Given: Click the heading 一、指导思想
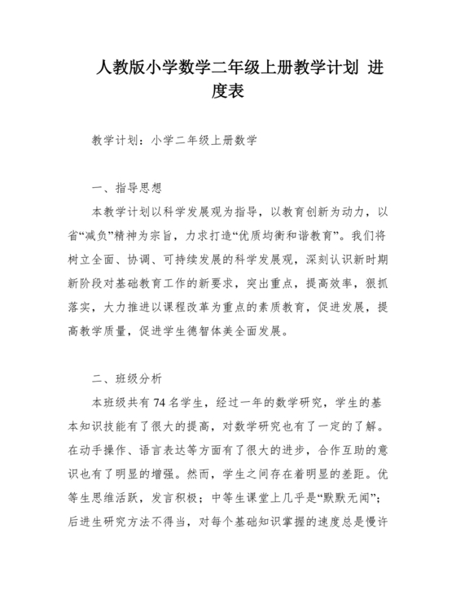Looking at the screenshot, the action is pos(128,188).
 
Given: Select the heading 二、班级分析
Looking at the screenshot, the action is pos(128,378).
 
